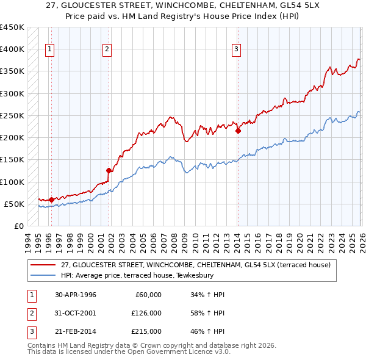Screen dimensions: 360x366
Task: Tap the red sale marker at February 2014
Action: (238, 130)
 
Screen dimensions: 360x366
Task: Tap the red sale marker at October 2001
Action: (109, 170)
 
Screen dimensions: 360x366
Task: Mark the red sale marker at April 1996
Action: (52, 199)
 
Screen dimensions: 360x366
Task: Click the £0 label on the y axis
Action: (18, 226)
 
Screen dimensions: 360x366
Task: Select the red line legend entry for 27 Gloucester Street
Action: (195, 265)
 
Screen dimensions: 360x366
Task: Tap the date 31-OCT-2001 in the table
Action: (76, 313)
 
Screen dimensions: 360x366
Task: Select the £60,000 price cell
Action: (148, 295)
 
